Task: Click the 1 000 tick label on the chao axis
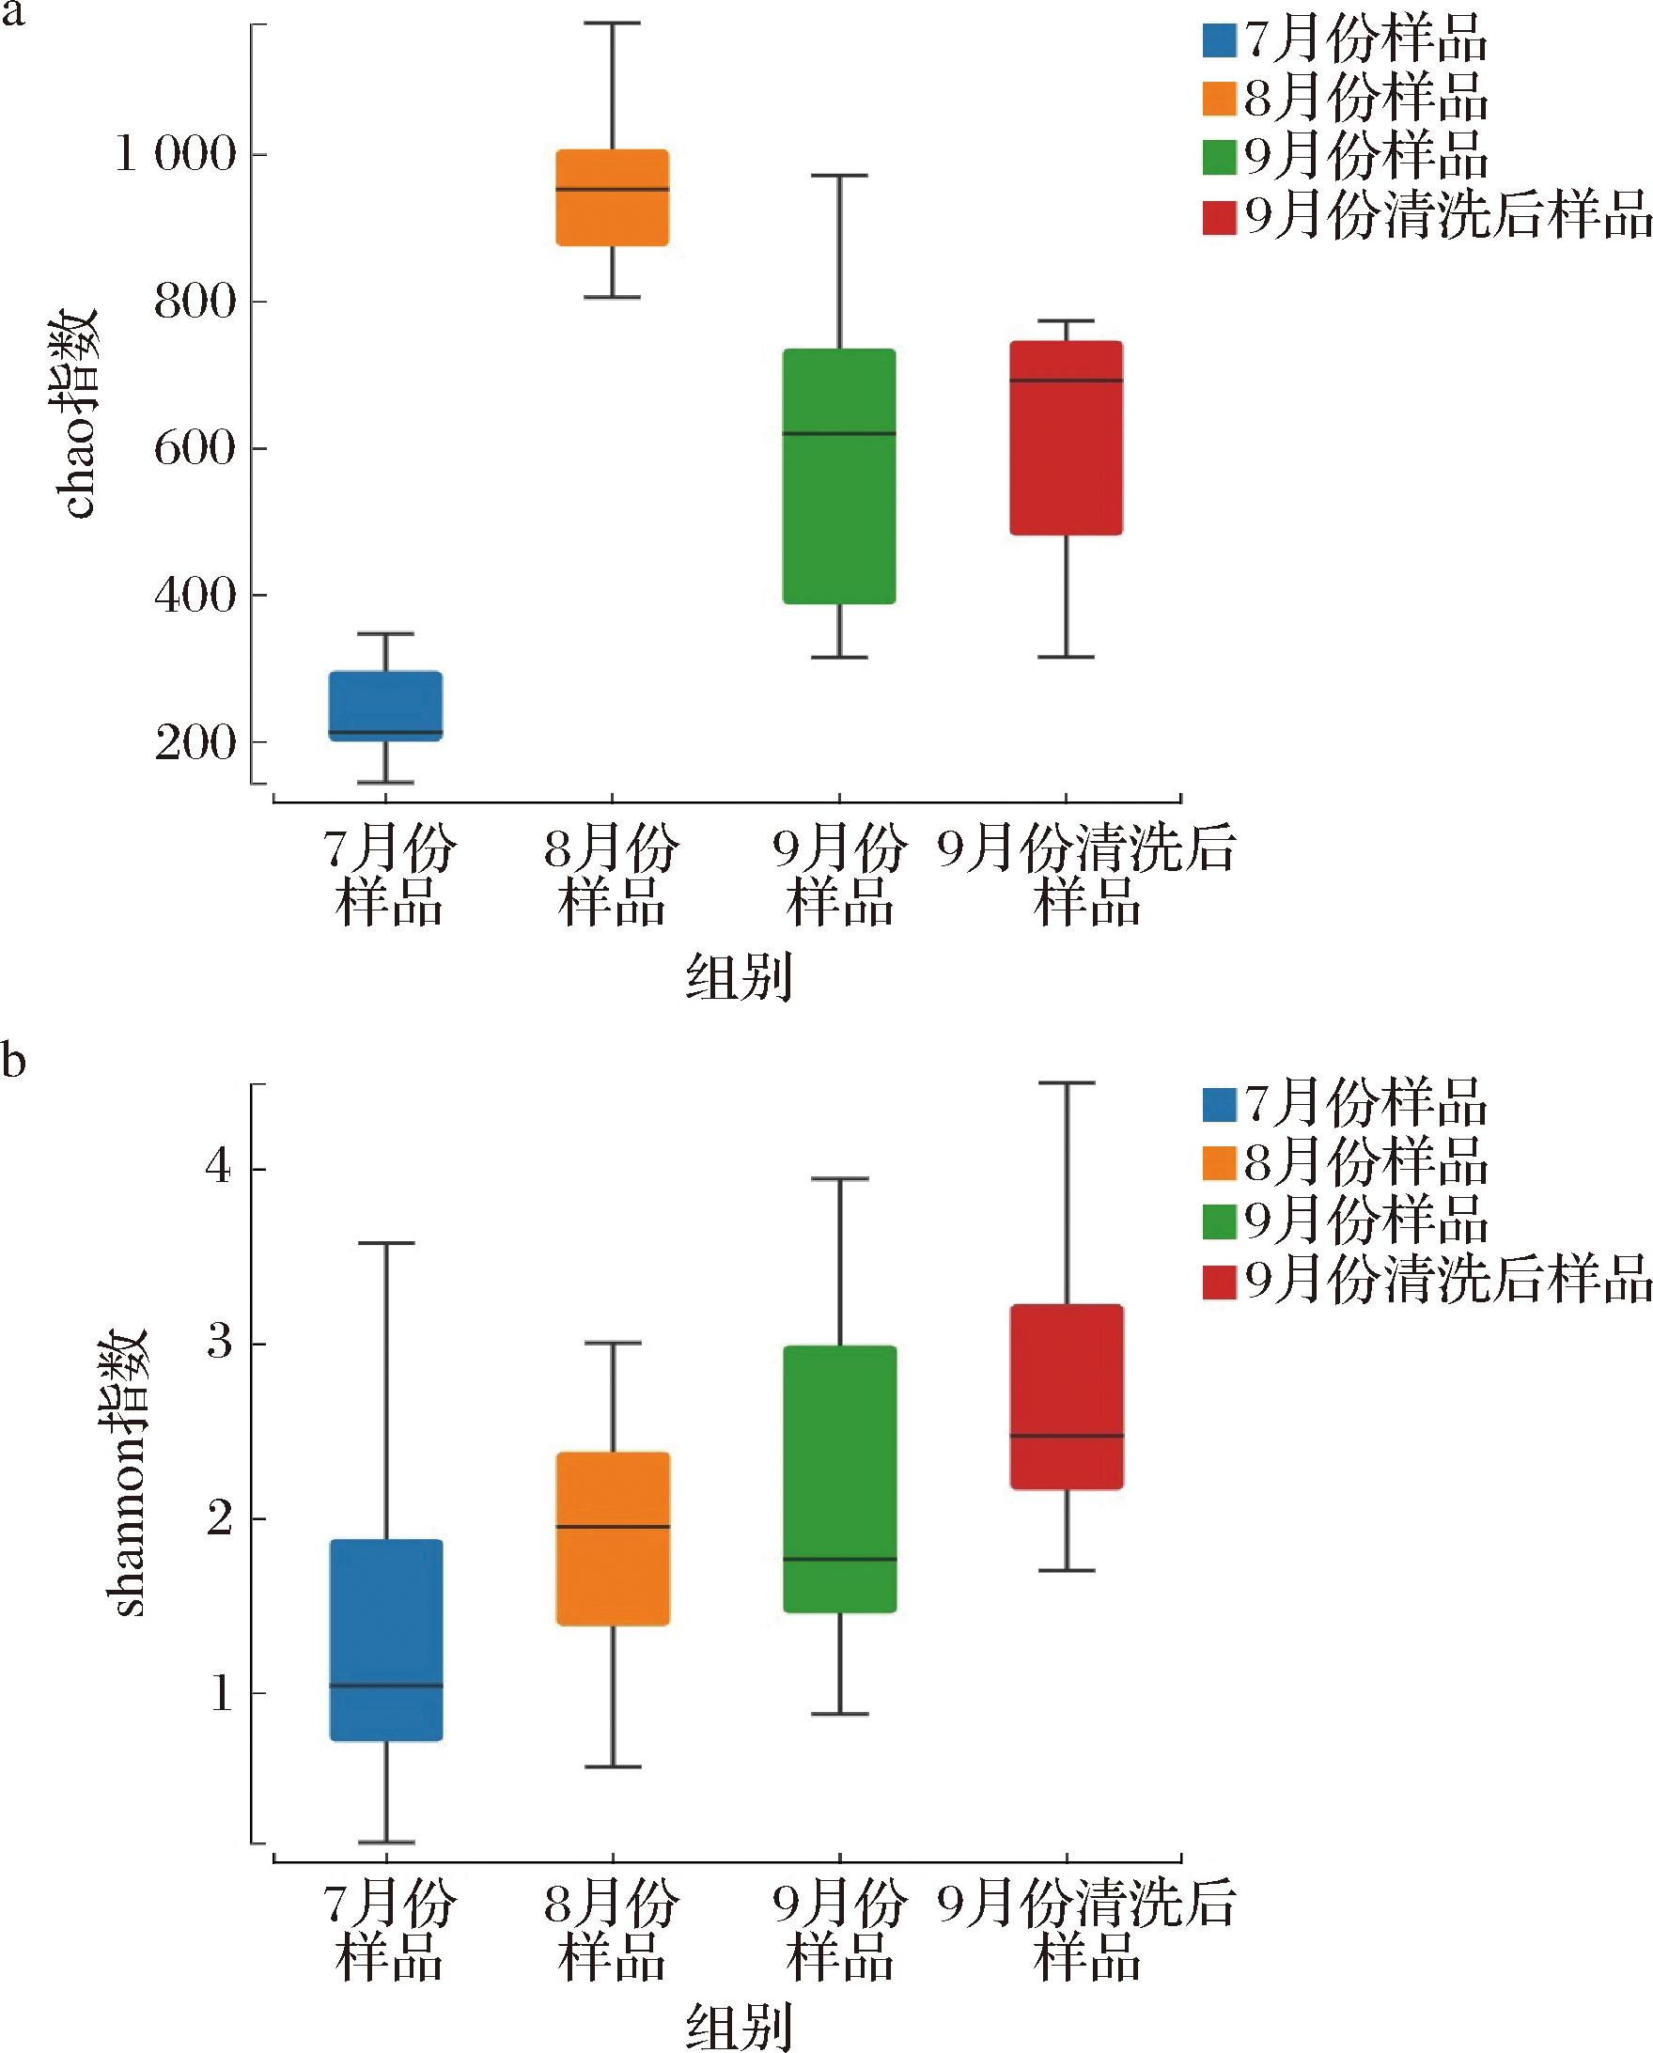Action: (174, 154)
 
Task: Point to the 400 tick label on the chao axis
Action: (195, 596)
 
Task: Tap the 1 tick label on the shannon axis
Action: (221, 1692)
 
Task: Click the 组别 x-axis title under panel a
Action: (739, 978)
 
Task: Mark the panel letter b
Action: (13, 1060)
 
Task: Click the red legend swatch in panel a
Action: (1219, 218)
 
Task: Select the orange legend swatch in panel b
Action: (1219, 1162)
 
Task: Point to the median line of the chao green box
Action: (839, 433)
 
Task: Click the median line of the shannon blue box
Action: (385, 1686)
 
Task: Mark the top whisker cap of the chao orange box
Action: (613, 23)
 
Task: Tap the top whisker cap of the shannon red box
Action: (1067, 1082)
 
